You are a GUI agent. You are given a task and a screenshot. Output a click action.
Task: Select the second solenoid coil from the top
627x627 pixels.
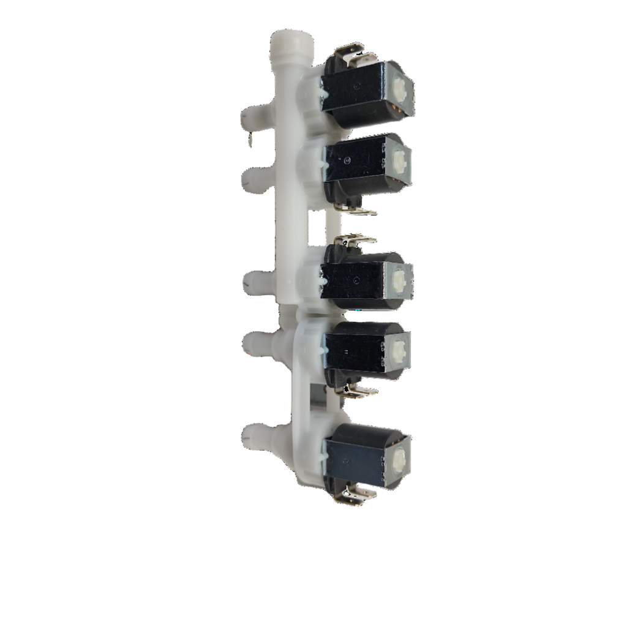tap(354, 160)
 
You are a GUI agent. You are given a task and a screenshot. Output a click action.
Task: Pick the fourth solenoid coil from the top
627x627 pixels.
tap(354, 349)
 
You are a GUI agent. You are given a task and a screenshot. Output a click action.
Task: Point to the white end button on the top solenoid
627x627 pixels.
tap(401, 88)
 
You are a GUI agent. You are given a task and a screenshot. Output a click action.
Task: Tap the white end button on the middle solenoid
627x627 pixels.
tap(399, 280)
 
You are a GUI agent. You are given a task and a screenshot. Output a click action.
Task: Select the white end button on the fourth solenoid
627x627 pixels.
tap(398, 350)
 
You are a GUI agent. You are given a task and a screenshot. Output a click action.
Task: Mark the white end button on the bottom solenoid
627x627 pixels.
tap(400, 457)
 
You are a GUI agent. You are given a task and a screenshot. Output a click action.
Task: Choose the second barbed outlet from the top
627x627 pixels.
tap(252, 178)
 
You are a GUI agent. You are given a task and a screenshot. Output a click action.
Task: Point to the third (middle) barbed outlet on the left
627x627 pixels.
tap(252, 282)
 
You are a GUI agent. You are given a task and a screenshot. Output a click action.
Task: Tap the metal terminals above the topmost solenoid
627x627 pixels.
tap(351, 51)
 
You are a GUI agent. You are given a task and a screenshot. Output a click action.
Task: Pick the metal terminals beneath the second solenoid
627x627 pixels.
tap(358, 209)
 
